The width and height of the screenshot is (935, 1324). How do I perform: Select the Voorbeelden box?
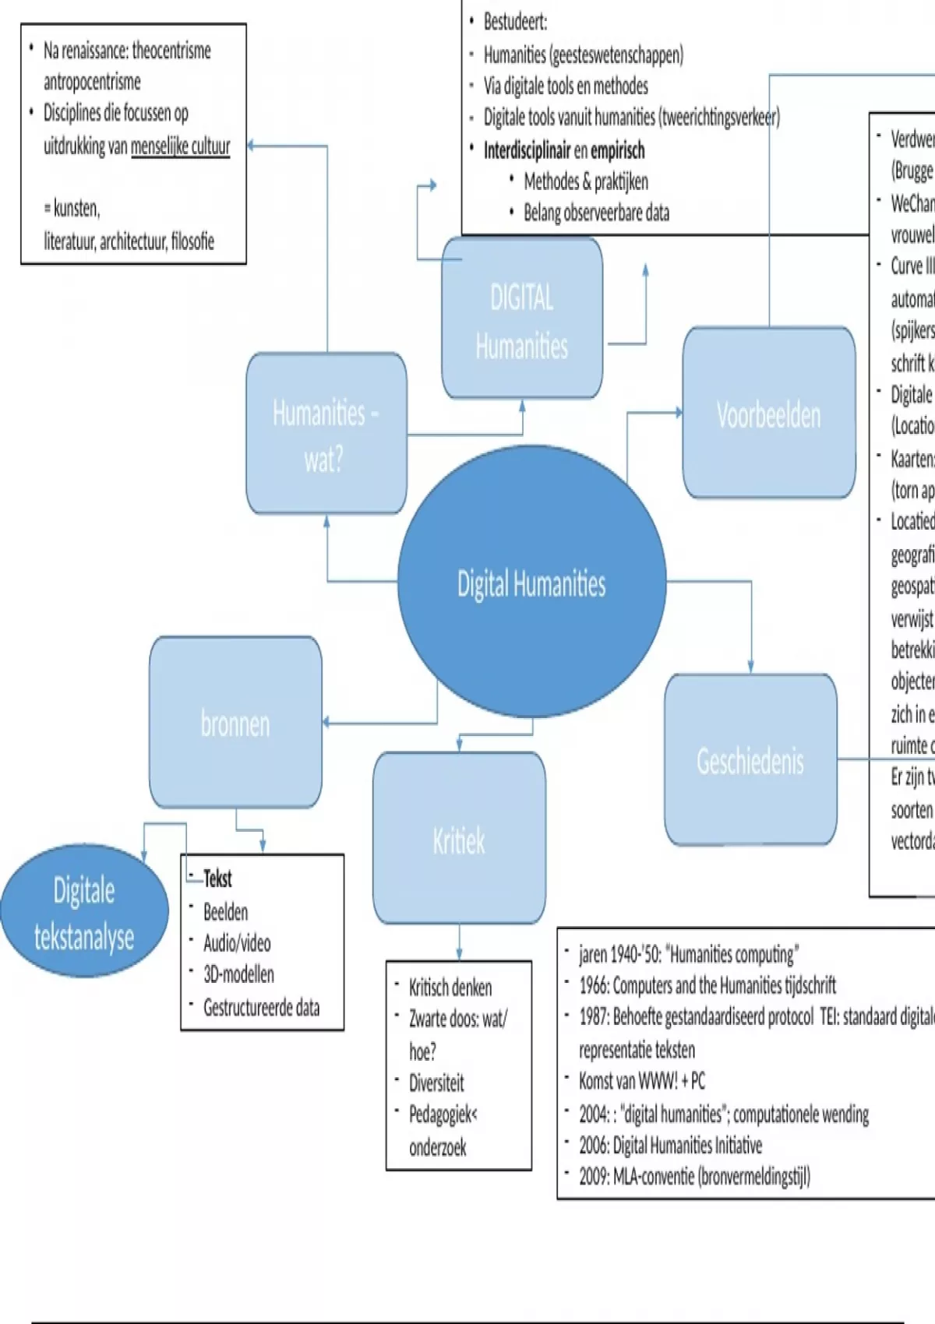[x=769, y=413]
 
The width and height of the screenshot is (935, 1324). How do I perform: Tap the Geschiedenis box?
[x=750, y=760]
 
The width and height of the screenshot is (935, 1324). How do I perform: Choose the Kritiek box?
[x=459, y=839]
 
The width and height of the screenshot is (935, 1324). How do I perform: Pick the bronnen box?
[x=235, y=723]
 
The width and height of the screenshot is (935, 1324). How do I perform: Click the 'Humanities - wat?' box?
[x=326, y=434]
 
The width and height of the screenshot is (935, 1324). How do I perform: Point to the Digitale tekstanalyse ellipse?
[x=84, y=911]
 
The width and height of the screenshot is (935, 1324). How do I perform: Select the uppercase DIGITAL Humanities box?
[x=522, y=319]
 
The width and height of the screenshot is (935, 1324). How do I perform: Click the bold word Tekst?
[x=217, y=879]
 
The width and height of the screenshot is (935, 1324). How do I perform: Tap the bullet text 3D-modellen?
[x=238, y=974]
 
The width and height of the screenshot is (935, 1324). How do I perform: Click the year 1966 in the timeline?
[x=594, y=986]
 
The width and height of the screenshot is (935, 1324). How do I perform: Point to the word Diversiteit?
[x=436, y=1083]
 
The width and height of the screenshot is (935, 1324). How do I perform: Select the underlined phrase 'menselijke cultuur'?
[x=181, y=146]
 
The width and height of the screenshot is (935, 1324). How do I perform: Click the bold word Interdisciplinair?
[x=527, y=150]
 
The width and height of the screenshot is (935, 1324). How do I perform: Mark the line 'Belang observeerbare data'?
[x=596, y=213]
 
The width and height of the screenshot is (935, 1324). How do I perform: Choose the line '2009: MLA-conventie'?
[x=694, y=1176]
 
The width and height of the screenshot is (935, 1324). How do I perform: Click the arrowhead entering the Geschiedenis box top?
[x=750, y=667]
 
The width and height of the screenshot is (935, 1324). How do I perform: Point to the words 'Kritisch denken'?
[x=450, y=988]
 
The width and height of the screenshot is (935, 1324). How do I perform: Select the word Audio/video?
[x=237, y=943]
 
